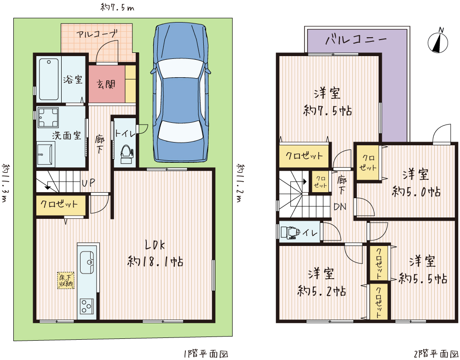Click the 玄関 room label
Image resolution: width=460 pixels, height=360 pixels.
[x=106, y=85]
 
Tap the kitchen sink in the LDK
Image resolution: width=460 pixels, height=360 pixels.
[x=87, y=262]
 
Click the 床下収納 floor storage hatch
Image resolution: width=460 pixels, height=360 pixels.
[x=66, y=281]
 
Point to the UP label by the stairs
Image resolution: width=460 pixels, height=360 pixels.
[x=88, y=183]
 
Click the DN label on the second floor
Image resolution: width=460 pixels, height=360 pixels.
[x=340, y=207]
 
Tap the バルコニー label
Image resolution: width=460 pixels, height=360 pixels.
[x=356, y=39]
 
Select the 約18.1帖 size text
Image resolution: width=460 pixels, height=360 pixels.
[x=155, y=261]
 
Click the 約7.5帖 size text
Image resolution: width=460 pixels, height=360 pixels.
[x=328, y=111]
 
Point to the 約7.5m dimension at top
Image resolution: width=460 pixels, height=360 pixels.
[x=117, y=7]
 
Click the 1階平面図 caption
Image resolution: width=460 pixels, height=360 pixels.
[x=206, y=354]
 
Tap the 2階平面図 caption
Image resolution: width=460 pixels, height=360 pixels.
[x=436, y=354]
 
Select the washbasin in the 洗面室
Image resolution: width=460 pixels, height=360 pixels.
[x=46, y=154]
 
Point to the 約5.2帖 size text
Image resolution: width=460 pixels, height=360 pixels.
[x=322, y=291]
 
